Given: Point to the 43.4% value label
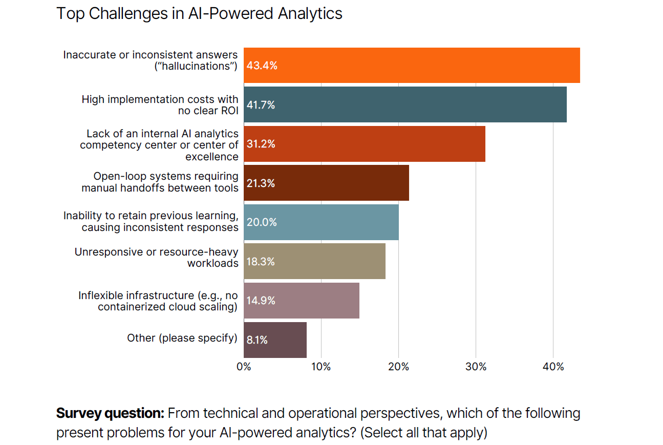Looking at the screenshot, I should click(262, 66).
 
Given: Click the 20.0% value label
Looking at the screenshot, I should click(262, 222).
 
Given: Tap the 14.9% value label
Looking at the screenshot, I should click(261, 301).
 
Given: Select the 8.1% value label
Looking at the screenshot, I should click(257, 340).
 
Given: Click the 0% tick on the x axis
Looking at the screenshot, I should click(244, 367).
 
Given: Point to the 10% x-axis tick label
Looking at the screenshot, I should click(321, 367).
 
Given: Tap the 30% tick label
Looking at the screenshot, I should click(476, 367).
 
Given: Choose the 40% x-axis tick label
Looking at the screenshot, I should click(553, 367).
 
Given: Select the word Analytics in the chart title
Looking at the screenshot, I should click(310, 13).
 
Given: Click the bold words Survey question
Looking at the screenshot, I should click(110, 413).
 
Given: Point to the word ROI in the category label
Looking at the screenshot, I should click(228, 111).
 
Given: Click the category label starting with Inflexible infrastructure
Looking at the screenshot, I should click(158, 301).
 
